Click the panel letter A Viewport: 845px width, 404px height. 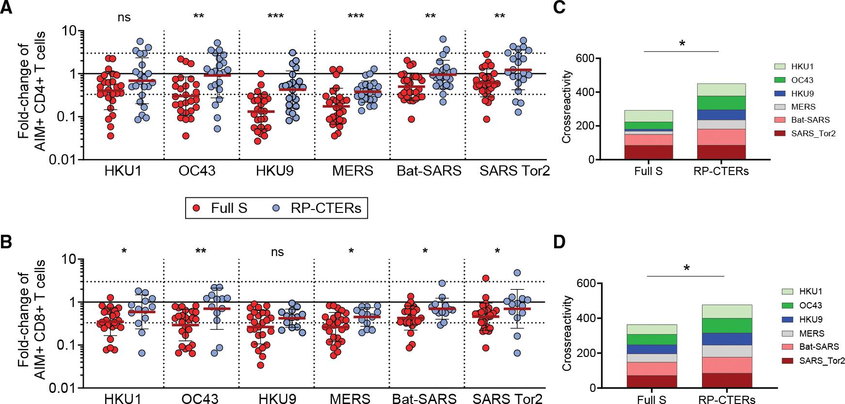pyautogui.click(x=7, y=8)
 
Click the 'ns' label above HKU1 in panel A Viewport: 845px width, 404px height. pyautogui.click(x=124, y=17)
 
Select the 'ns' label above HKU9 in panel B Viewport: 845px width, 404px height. pyautogui.click(x=277, y=252)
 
